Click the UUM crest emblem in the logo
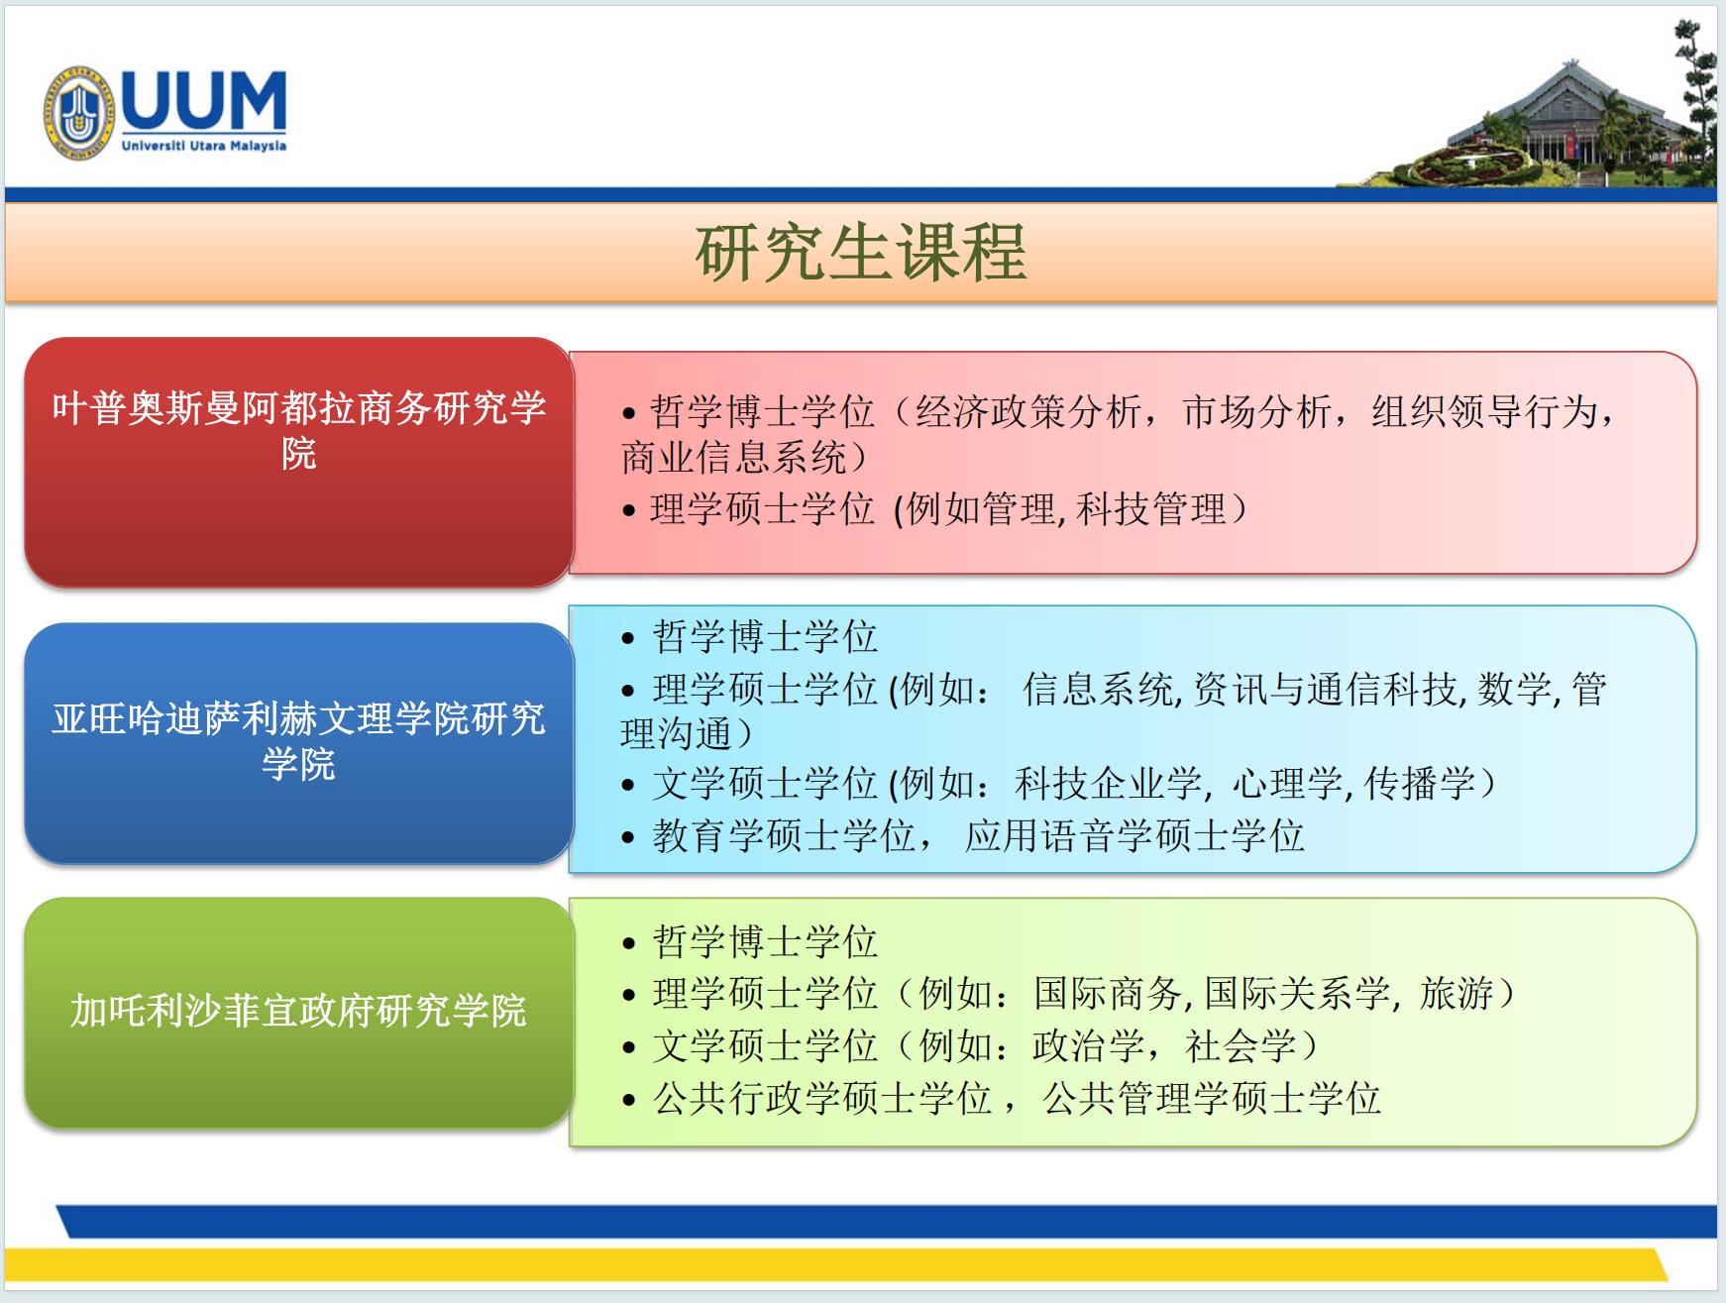pos(78,114)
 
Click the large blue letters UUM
pos(204,100)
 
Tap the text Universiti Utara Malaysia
pos(204,146)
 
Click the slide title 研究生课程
pos(861,253)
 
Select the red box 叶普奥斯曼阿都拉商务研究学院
pos(298,462)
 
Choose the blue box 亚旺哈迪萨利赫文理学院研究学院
pos(298,743)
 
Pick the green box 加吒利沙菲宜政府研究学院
pos(298,1013)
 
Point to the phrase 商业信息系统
pos(733,458)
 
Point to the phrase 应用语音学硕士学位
pos(1134,836)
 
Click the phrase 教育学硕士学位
pos(784,836)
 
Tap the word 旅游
pos(1456,993)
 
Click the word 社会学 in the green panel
pos(1241,1045)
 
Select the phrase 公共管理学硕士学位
pos(1212,1098)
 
